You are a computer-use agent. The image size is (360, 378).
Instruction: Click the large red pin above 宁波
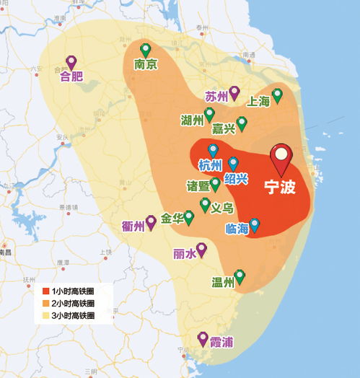pyautogui.click(x=281, y=158)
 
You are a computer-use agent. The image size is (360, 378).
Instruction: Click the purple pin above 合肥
pyautogui.click(x=71, y=62)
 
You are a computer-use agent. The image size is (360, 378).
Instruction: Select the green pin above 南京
pyautogui.click(x=146, y=50)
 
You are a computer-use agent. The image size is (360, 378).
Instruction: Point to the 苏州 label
pyautogui.click(x=216, y=96)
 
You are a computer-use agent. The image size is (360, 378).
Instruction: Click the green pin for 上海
pyautogui.click(x=277, y=95)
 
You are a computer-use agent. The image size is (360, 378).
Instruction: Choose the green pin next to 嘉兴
pyautogui.click(x=242, y=123)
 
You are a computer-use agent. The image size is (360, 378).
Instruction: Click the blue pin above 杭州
pyautogui.click(x=213, y=151)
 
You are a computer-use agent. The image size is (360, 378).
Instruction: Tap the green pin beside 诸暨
pyautogui.click(x=215, y=184)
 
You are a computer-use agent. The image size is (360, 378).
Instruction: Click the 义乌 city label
pyautogui.click(x=222, y=208)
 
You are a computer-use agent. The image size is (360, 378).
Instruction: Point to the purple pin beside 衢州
pyautogui.click(x=152, y=221)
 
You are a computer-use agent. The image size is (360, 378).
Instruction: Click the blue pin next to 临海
pyautogui.click(x=254, y=224)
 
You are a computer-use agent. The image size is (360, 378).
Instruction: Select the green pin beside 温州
pyautogui.click(x=240, y=276)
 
